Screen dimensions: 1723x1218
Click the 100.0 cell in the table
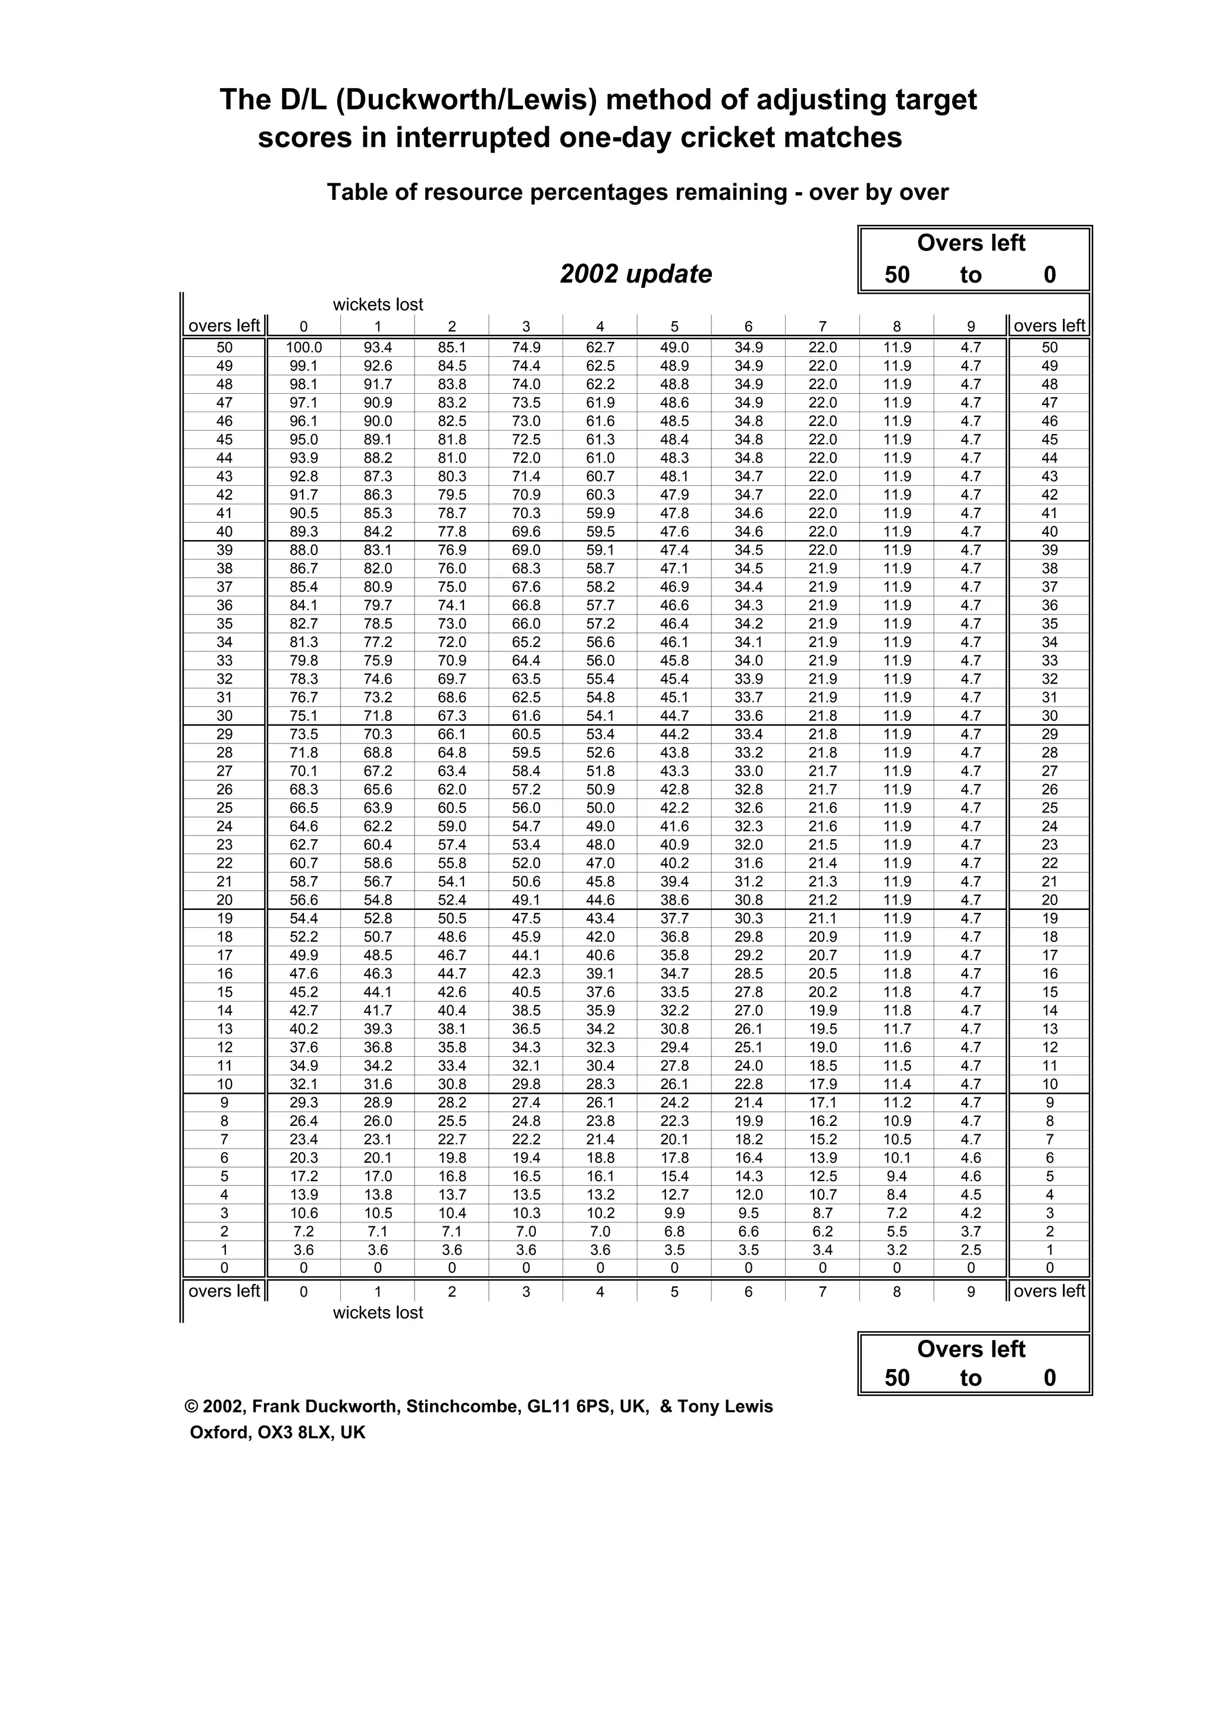tap(303, 347)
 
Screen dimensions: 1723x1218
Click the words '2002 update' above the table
tap(636, 274)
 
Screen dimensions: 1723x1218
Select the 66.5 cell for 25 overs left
tap(303, 808)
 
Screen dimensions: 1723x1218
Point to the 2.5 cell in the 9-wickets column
tap(971, 1250)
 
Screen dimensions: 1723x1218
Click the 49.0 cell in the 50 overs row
tap(674, 347)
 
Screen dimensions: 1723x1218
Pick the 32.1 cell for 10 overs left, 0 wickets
tap(303, 1084)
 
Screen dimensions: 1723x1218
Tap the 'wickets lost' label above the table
tap(378, 305)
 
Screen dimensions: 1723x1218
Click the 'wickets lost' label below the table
tap(378, 1313)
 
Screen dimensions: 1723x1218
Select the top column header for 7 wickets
tap(823, 327)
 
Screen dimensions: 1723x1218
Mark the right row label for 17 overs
tap(1049, 955)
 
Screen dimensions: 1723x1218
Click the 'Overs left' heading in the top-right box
tap(971, 243)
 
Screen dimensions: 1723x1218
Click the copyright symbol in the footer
tap(191, 1407)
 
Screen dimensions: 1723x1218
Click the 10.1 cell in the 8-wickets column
tap(897, 1158)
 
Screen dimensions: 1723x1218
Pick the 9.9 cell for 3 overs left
tap(674, 1213)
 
